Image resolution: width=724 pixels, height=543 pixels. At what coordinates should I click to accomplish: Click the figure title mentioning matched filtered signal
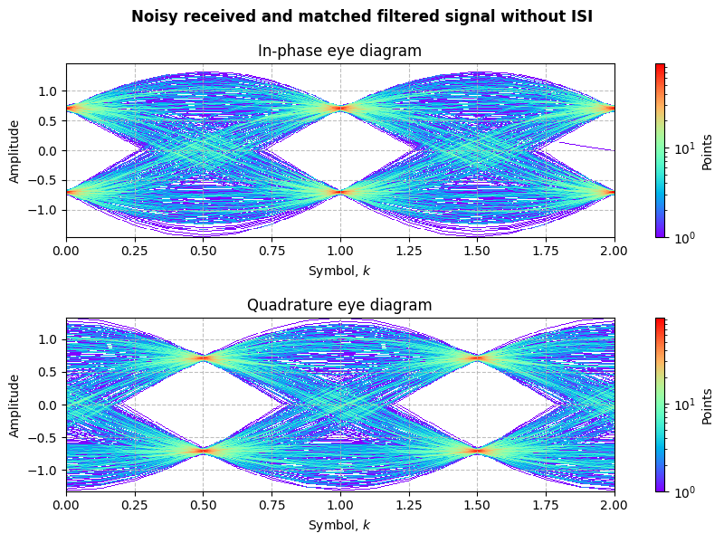tap(362, 16)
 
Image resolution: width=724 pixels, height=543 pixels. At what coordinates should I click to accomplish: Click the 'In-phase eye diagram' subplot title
tap(339, 51)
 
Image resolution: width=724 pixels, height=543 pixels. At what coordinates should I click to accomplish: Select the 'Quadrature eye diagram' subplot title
tap(339, 305)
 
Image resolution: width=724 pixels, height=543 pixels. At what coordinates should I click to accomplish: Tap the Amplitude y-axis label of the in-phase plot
tap(14, 150)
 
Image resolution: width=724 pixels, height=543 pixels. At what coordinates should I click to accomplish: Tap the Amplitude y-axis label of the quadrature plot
tap(14, 405)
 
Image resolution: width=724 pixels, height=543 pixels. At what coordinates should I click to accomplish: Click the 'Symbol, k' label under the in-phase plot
tap(339, 271)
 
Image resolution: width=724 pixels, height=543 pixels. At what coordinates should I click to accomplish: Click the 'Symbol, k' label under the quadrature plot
tap(339, 525)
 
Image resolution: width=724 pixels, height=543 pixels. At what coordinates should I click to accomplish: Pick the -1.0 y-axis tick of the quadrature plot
tap(46, 471)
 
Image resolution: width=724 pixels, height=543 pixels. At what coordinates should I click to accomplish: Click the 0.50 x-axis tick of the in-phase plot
tap(204, 251)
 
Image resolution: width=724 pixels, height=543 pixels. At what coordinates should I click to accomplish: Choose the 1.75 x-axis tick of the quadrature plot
tap(547, 505)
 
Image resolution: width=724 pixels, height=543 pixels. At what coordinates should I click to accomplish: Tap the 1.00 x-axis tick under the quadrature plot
tap(340, 505)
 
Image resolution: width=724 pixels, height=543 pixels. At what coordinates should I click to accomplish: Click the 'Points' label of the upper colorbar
tap(708, 150)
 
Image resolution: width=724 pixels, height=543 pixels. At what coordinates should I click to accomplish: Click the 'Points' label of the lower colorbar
tap(708, 405)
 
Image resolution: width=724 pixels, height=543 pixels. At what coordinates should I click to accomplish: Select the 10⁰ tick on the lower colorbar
tap(678, 491)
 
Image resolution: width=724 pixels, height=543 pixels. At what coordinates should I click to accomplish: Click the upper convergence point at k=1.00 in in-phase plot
tap(340, 109)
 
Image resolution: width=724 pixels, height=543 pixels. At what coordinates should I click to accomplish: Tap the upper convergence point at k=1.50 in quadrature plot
tap(478, 358)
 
